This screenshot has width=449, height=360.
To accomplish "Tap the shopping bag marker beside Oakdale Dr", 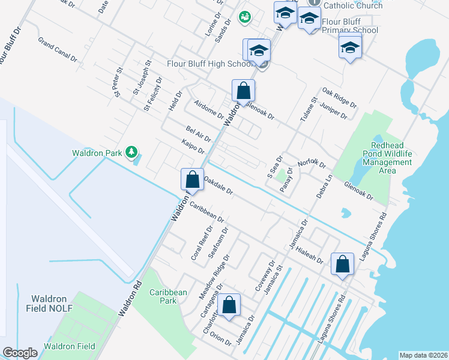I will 191,179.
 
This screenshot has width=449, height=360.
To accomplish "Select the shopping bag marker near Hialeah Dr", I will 342,264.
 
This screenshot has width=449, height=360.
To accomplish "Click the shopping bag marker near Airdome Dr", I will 243,91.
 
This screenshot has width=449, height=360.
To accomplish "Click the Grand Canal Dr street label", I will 58,50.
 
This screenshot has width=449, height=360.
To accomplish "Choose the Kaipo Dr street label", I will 193,146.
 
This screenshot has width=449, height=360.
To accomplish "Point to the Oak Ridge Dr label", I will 339,97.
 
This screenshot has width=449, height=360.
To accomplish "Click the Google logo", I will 20,353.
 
